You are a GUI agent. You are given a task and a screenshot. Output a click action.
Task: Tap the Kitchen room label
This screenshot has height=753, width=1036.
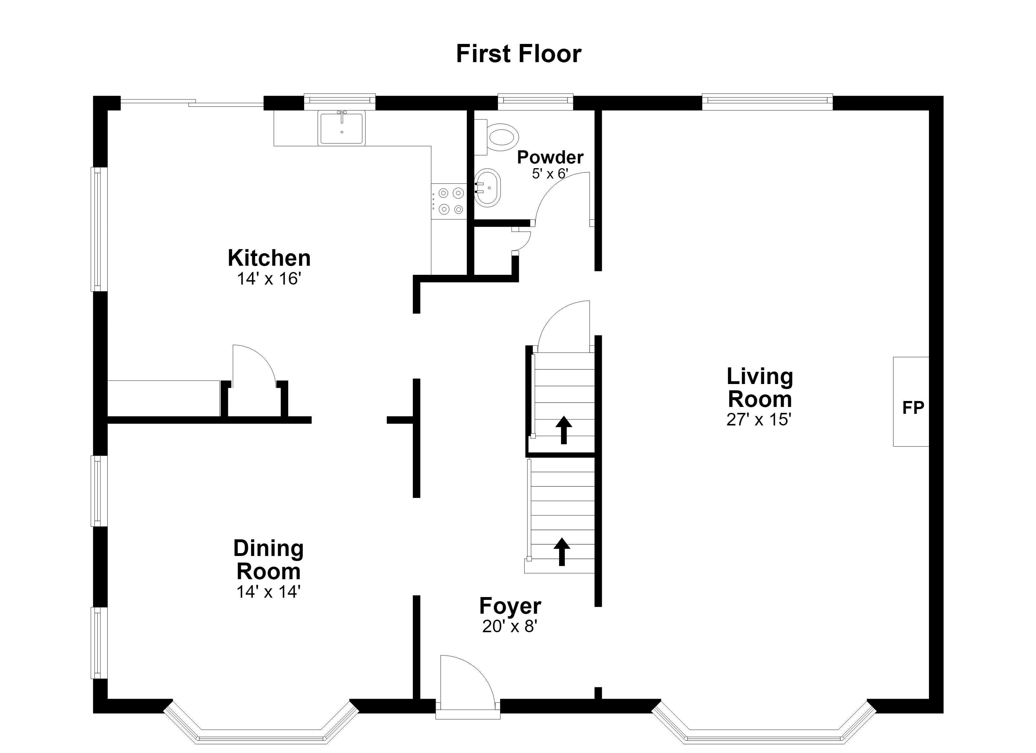coord(269,258)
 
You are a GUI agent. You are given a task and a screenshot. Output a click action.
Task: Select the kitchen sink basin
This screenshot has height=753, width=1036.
coord(342,128)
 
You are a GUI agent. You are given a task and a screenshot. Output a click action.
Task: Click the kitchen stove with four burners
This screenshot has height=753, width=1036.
coord(449,201)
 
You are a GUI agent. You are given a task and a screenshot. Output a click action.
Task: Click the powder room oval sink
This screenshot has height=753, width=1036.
coord(488,188)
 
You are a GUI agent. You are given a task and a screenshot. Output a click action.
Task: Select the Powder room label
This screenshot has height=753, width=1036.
coord(550,157)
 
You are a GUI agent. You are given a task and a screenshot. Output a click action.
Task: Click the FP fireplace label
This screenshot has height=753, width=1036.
coord(913,408)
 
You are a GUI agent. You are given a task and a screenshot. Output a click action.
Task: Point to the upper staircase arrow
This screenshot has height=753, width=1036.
coord(564,430)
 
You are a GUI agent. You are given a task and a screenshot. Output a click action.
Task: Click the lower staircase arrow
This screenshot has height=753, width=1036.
coord(562,552)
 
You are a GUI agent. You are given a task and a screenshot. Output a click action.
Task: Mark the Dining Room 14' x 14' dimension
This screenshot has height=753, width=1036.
coord(268,592)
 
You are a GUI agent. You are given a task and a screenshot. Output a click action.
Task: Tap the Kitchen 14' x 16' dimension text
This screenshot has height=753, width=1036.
coord(269,279)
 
